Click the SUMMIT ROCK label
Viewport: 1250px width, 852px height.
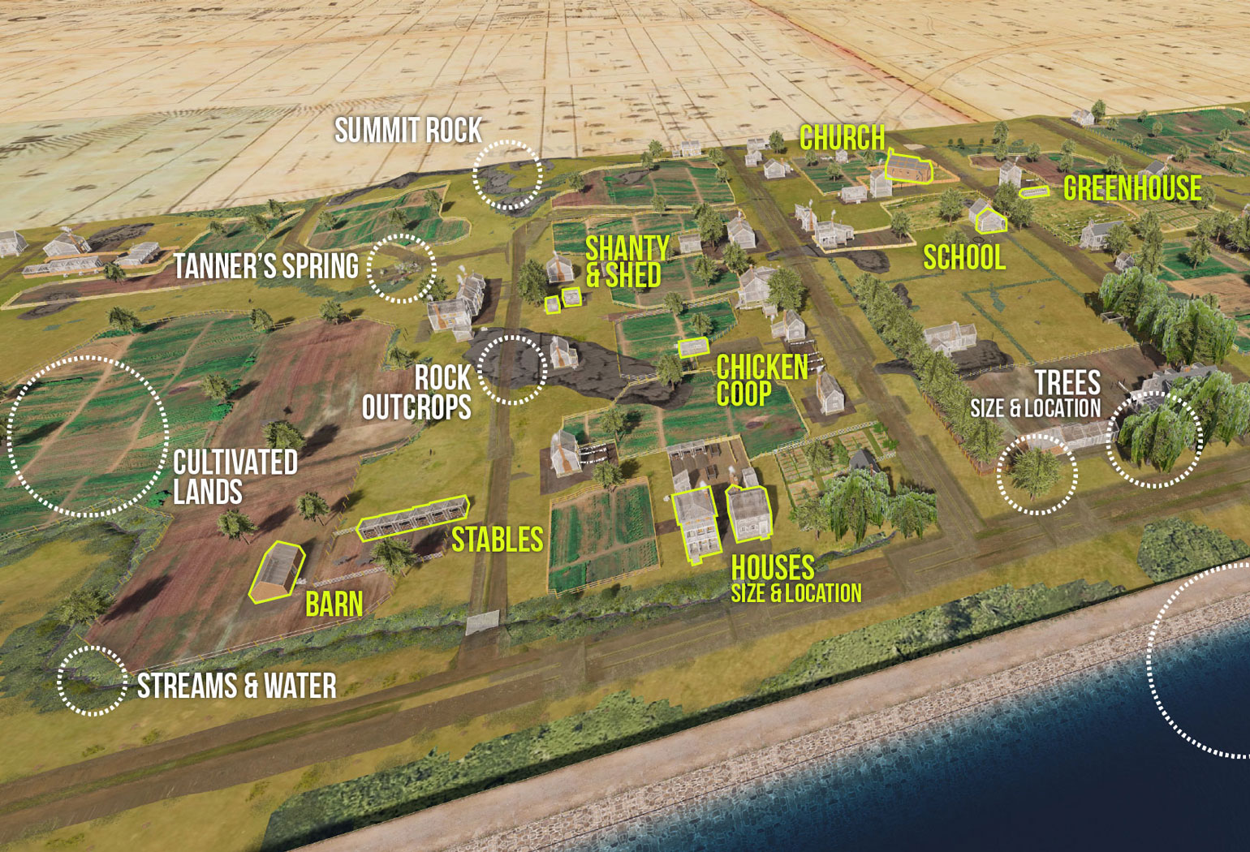[x=408, y=131]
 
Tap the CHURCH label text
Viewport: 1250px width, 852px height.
[x=842, y=138]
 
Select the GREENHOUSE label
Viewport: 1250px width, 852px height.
[x=1132, y=189]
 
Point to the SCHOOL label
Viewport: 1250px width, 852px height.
[x=964, y=258]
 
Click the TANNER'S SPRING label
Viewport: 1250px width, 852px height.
[x=266, y=266]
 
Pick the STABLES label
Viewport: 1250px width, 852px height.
[x=497, y=540]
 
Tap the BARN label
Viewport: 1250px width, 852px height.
[x=334, y=605]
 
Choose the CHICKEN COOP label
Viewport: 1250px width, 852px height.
[x=761, y=380]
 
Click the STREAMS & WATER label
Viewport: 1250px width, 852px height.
[x=236, y=686]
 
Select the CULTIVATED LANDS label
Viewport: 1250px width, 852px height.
[x=235, y=477]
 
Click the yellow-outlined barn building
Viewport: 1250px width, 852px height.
[x=277, y=572]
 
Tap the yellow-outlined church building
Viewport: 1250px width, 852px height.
[x=908, y=168]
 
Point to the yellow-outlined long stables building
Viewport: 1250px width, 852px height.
[x=414, y=518]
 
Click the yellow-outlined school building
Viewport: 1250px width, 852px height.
[x=990, y=220]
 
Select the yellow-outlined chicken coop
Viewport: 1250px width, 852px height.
[x=694, y=347]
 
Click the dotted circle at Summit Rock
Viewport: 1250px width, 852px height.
[x=507, y=174]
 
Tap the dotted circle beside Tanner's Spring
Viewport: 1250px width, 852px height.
[x=402, y=269]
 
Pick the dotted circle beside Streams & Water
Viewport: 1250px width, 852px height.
[x=93, y=681]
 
